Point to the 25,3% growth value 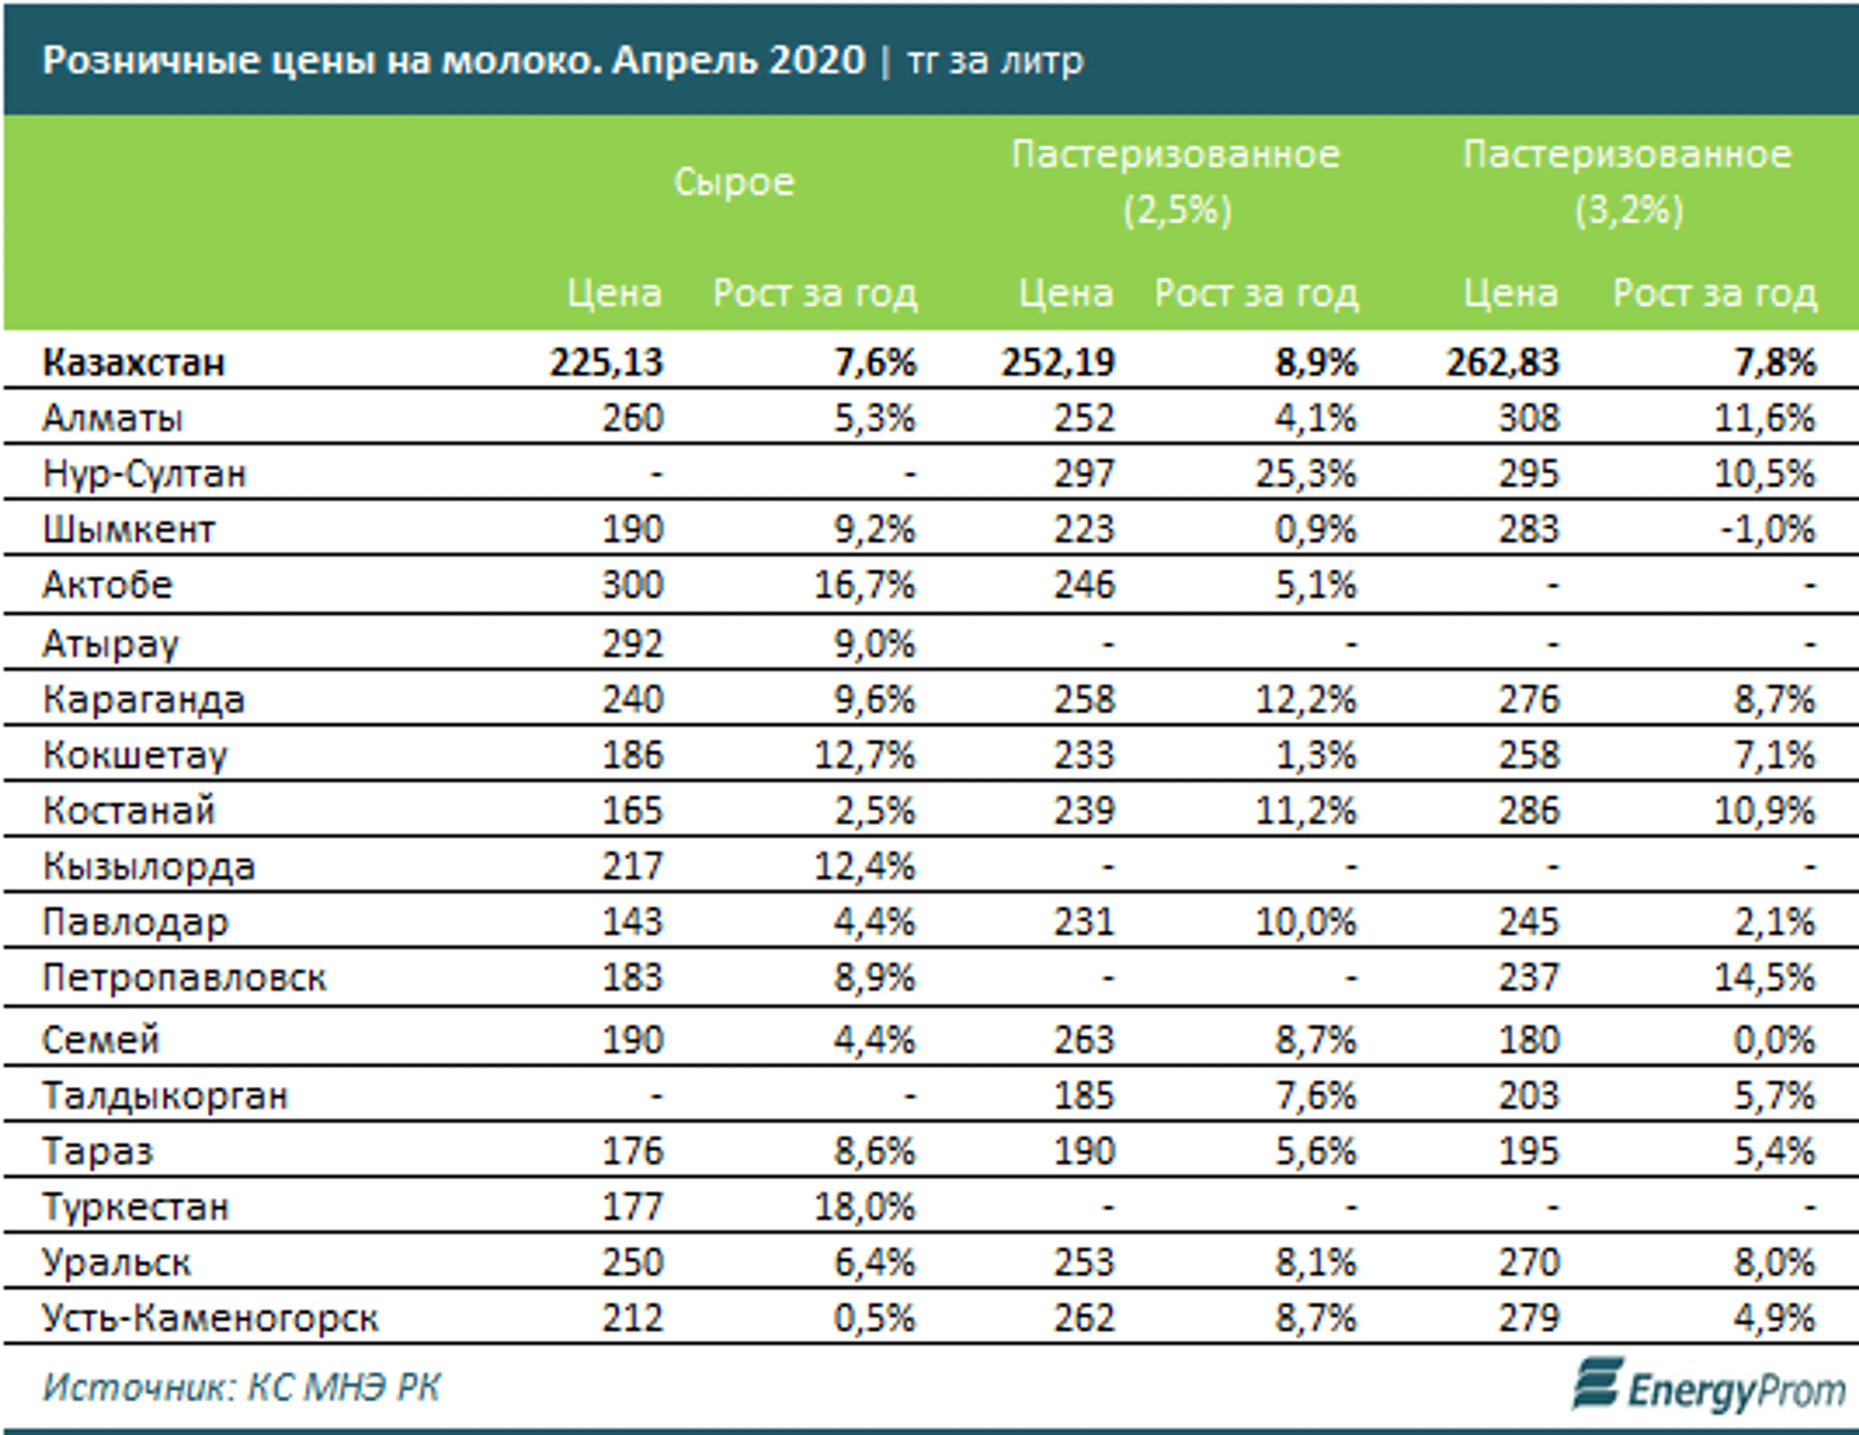pos(1305,473)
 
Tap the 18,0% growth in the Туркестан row pos(865,1207)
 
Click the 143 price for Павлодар pos(632,922)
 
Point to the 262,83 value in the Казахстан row pos(1502,363)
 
